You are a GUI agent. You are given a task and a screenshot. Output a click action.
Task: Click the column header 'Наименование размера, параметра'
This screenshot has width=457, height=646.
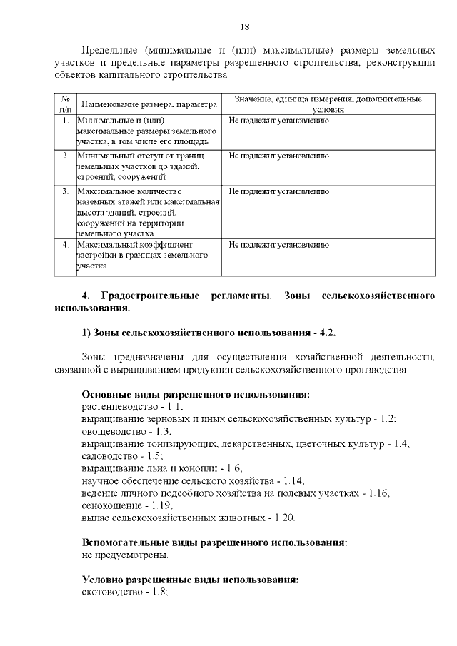(149, 104)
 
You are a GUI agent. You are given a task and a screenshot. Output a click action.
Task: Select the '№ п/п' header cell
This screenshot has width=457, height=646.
(64, 104)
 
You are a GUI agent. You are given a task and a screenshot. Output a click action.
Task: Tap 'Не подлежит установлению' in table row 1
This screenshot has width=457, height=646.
(278, 121)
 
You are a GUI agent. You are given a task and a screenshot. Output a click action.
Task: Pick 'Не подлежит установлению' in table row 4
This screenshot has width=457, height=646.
(278, 245)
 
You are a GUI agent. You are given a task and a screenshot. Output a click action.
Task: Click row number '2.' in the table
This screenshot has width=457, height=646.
(65, 156)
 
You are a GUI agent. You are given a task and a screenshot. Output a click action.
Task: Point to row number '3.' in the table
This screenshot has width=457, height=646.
(65, 191)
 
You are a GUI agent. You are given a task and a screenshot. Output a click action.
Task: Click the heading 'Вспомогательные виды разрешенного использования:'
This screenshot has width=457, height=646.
(214, 542)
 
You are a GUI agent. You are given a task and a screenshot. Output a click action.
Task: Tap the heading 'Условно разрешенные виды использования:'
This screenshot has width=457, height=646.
(189, 580)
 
